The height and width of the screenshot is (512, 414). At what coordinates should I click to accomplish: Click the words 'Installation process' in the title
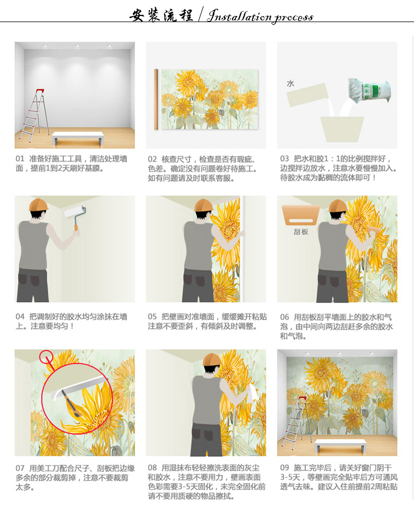260,15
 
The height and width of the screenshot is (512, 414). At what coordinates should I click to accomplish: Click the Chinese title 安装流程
161,15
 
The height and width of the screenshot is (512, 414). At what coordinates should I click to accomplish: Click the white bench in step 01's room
78,138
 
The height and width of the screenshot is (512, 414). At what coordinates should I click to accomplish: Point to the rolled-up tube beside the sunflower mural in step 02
156,99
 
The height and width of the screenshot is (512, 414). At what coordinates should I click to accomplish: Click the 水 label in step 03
290,83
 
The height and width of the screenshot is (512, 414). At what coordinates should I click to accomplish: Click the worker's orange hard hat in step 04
38,205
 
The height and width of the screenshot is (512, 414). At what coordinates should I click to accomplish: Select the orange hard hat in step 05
204,205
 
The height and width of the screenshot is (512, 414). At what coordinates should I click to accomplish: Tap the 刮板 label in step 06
301,232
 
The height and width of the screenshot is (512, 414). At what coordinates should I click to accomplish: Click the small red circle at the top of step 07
46,357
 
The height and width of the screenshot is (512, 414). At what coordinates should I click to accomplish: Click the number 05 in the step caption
152,316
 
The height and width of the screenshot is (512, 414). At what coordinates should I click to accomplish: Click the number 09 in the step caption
284,468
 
